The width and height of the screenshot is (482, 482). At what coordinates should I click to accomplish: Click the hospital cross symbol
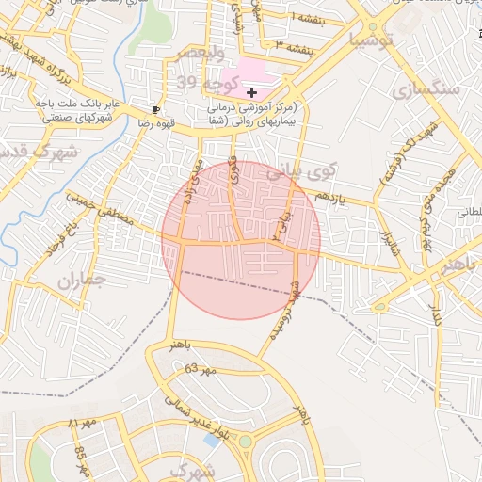pos(251,92)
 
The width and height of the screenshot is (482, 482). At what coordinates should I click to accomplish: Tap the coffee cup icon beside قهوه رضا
pos(155,109)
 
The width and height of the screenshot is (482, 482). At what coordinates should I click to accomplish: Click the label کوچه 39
pos(197,84)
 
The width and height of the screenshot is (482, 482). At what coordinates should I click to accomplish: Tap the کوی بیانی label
pos(301,173)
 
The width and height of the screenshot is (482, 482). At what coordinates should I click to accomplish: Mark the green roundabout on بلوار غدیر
pos(245,441)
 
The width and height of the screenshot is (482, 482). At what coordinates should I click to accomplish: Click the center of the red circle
pos(241,240)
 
